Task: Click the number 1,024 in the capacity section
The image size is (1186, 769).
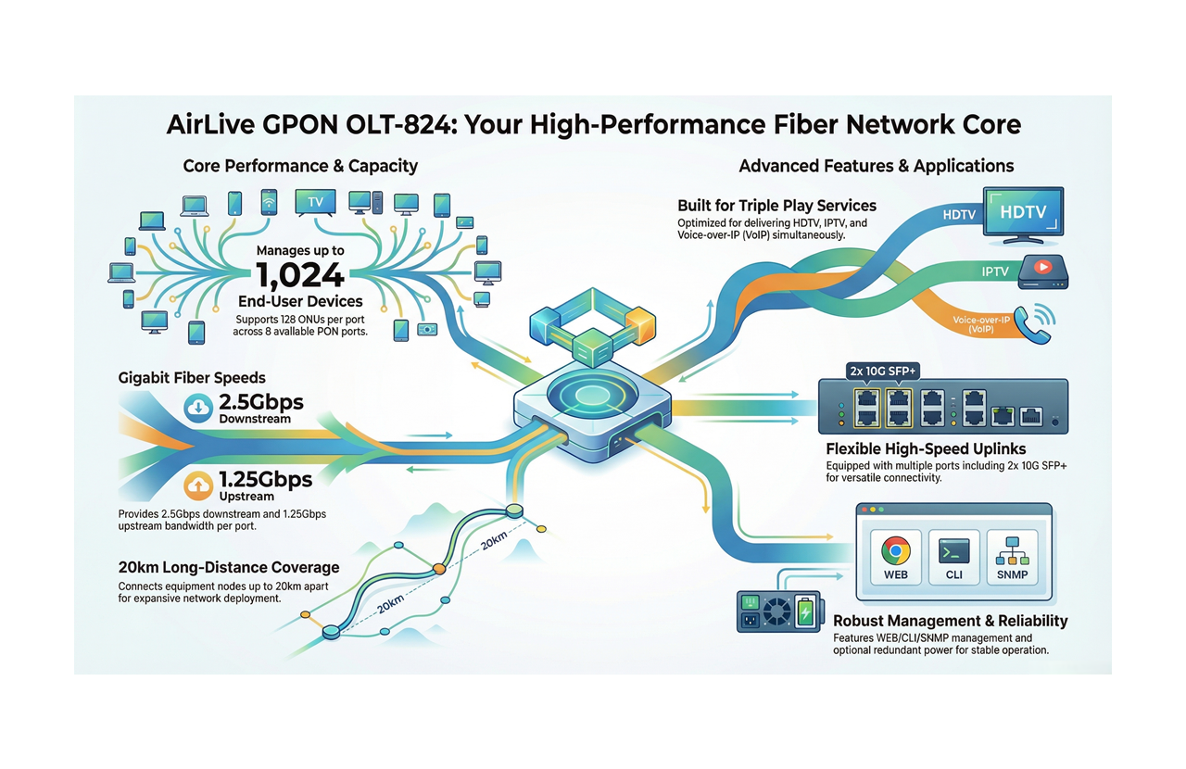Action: tap(299, 275)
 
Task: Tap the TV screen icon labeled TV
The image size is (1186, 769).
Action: tap(314, 201)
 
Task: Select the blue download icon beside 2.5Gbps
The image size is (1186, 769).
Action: tap(199, 408)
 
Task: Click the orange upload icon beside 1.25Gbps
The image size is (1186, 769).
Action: tap(199, 484)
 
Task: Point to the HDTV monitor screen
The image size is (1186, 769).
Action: tap(1022, 212)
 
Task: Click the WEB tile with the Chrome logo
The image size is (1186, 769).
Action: tap(895, 557)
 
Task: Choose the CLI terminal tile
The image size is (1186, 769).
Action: tap(953, 557)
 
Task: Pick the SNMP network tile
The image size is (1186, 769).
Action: tap(1012, 557)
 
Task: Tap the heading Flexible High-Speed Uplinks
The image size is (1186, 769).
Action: tap(926, 449)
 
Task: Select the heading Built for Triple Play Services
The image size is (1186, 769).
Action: tap(776, 206)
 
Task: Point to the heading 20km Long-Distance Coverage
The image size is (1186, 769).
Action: tap(229, 567)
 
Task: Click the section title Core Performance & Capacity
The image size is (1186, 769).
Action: tap(300, 167)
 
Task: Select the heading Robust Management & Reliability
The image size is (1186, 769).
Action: tap(950, 621)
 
